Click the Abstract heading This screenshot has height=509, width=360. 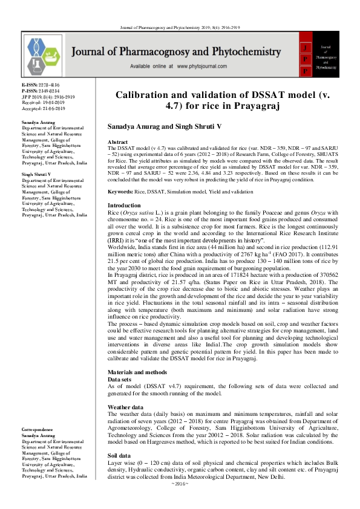click(x=118, y=140)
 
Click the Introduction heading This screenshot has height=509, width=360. click(x=123, y=206)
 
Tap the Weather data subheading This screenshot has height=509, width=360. click(x=127, y=407)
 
